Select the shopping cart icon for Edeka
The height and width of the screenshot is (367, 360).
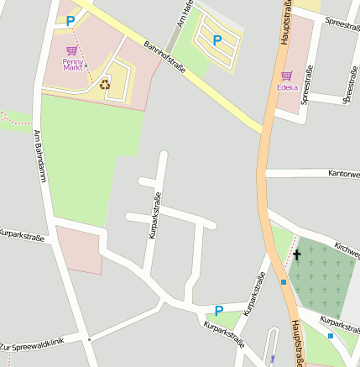click(287, 75)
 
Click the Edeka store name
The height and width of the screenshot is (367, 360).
click(287, 87)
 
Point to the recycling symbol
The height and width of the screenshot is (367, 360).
click(105, 83)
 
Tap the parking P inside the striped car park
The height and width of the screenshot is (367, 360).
click(217, 39)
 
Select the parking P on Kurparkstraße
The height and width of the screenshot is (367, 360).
click(219, 310)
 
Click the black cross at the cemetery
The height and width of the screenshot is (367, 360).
click(296, 254)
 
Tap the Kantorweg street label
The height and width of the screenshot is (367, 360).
click(343, 174)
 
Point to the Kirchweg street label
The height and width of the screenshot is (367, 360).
click(346, 248)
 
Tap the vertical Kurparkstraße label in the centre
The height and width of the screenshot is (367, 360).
click(154, 216)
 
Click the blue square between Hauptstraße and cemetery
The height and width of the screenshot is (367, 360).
click(284, 282)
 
